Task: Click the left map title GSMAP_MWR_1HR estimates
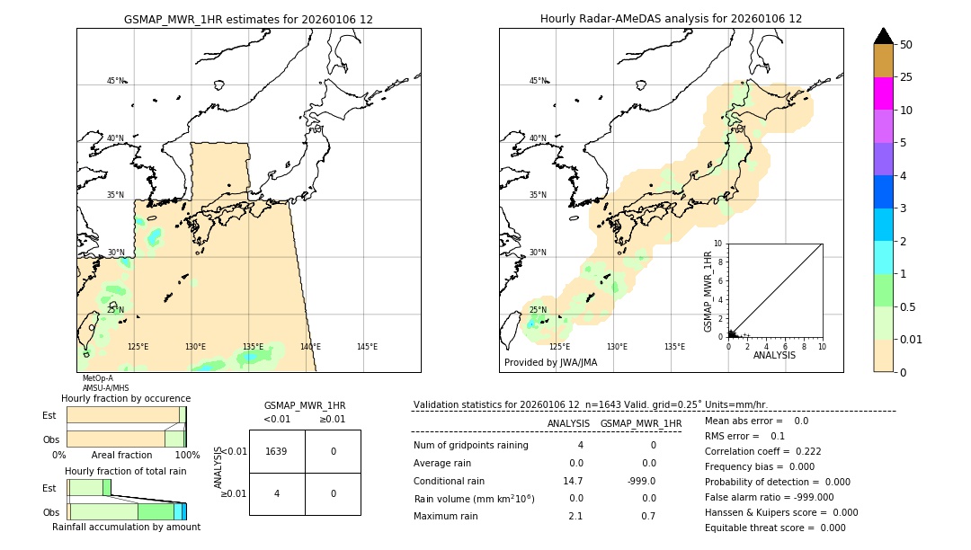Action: tap(248, 19)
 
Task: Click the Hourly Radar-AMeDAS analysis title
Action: tap(671, 19)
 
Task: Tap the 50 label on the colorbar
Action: tap(906, 45)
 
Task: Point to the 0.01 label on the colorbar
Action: tap(912, 339)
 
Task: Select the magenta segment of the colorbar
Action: tap(884, 93)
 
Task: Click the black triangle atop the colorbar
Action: tap(884, 36)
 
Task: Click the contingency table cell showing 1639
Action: tap(276, 451)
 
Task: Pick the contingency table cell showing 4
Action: tap(276, 493)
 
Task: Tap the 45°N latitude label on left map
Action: tap(116, 81)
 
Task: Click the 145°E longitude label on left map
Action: tap(367, 347)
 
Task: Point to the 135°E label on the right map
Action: tap(674, 347)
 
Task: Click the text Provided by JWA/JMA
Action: tap(550, 363)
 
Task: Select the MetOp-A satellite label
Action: tap(99, 378)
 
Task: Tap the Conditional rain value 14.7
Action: tap(573, 481)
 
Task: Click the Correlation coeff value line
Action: tap(762, 451)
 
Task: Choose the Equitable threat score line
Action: tap(775, 528)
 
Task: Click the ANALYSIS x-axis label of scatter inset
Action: tap(774, 355)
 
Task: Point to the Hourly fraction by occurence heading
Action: tap(126, 398)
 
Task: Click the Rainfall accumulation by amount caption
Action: tap(126, 527)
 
